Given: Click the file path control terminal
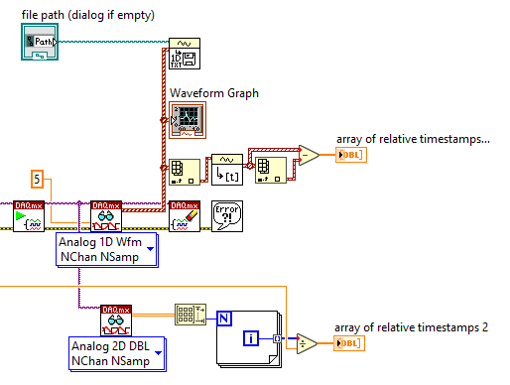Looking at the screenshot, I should pyautogui.click(x=41, y=41).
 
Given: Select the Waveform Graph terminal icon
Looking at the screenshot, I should pyautogui.click(x=187, y=118).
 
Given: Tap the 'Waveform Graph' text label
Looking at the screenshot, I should pyautogui.click(x=213, y=93).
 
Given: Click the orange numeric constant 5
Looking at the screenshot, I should pyautogui.click(x=38, y=180).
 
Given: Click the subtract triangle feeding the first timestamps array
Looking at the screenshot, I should pyautogui.click(x=309, y=156).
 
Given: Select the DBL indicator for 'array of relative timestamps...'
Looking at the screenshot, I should pyautogui.click(x=351, y=156).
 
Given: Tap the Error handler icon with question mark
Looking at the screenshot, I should pyautogui.click(x=227, y=215).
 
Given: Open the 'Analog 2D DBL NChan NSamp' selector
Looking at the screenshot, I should pyautogui.click(x=114, y=353).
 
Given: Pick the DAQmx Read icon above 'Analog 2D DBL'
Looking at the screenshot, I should pyautogui.click(x=115, y=321).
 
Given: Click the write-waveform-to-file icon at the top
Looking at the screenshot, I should pyautogui.click(x=187, y=54).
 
